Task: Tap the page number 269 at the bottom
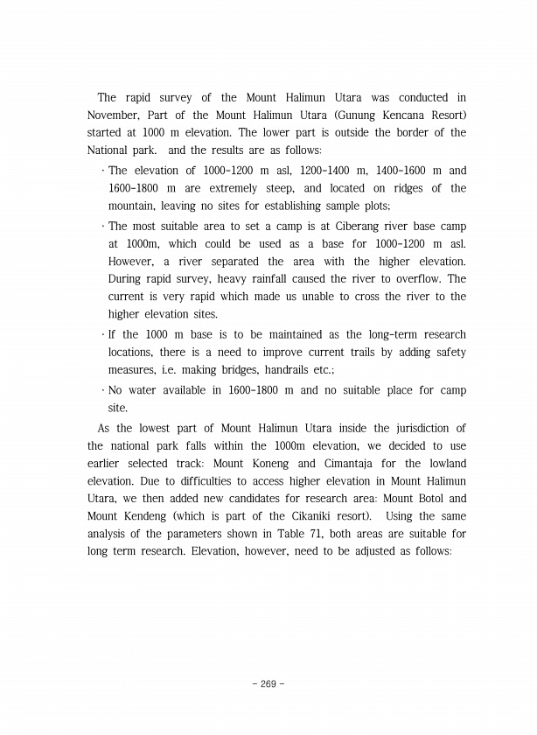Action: pos(268,682)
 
